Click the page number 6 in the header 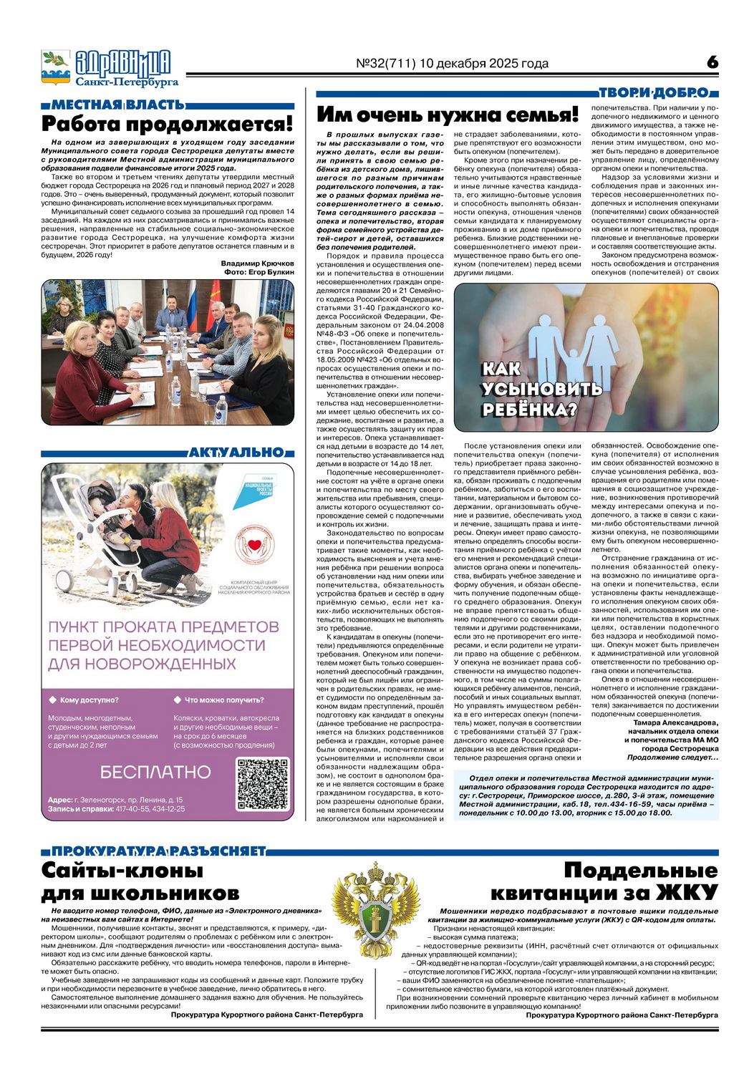click(x=711, y=62)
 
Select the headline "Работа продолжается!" click(x=168, y=124)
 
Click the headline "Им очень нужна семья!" click(x=447, y=115)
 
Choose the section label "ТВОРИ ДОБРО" click(x=653, y=92)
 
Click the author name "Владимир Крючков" click(x=257, y=263)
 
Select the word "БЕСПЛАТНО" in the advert click(x=155, y=773)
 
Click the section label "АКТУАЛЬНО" click(x=236, y=453)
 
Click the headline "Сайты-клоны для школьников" click(x=140, y=881)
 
